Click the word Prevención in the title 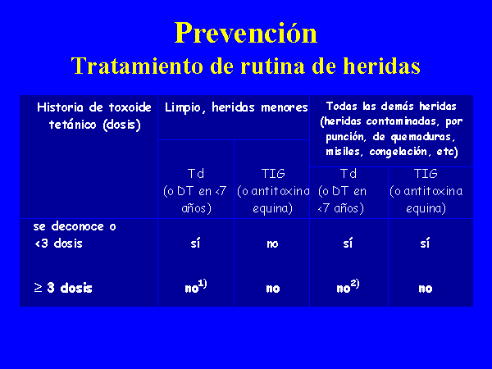click(246, 33)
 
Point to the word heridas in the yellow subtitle click(381, 66)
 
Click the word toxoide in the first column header click(130, 107)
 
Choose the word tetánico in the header click(72, 125)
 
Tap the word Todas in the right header click(341, 106)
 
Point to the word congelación click(400, 153)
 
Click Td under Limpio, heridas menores click(196, 174)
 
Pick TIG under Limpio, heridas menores click(273, 174)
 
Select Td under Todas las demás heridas click(348, 174)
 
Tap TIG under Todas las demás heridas click(425, 174)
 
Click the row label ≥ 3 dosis click(63, 288)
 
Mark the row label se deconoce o click(75, 226)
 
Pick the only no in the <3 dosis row click(272, 244)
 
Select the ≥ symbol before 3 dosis click(38, 288)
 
